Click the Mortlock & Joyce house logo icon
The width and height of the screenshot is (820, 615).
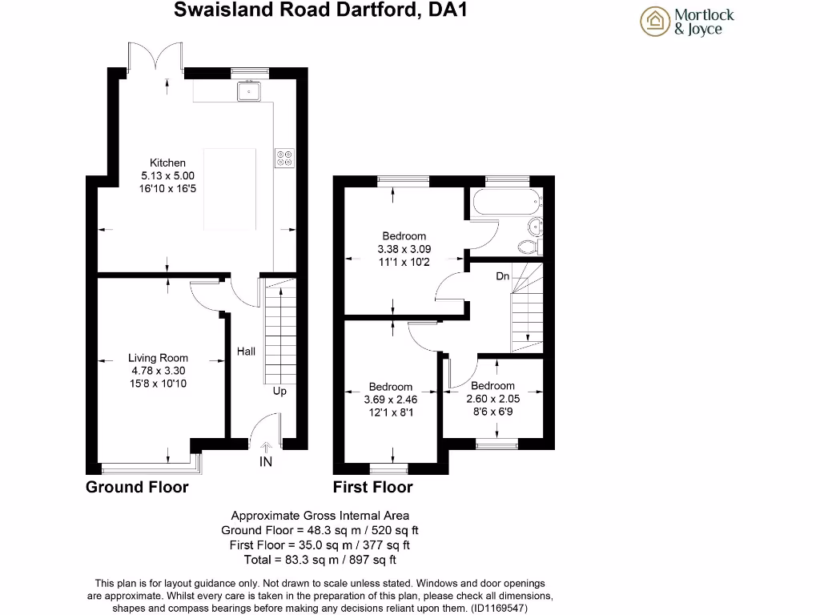pos(654,21)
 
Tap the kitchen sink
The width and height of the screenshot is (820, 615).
pos(251,90)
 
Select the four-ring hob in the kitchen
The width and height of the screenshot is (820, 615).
pos(284,158)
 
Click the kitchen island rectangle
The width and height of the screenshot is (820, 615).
pos(230,187)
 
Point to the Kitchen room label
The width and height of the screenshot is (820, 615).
pos(167,163)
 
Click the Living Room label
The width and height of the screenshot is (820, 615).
pos(159,358)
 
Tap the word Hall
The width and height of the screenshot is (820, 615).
pos(246,352)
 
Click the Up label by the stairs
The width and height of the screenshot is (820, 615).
pos(279,392)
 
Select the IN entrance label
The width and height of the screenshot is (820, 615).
pos(266,462)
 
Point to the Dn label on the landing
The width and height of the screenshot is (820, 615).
pos(503,276)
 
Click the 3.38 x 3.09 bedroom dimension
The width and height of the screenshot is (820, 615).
pos(404,248)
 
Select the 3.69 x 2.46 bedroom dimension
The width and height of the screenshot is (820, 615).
pos(391,399)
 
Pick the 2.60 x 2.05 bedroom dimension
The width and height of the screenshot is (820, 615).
pos(493,398)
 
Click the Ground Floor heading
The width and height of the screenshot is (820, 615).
pos(137,487)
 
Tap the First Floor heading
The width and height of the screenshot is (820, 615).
pos(373,487)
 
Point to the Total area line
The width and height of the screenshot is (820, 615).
pos(320,560)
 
